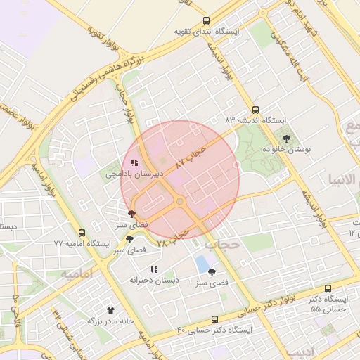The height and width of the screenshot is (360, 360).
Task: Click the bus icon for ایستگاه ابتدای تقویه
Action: (x=205, y=21)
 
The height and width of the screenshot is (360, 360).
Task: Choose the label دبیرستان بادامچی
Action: (x=134, y=173)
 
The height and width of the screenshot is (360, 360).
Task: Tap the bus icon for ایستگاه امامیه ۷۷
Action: (x=82, y=233)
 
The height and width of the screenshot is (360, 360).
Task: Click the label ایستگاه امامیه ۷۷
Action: (x=82, y=243)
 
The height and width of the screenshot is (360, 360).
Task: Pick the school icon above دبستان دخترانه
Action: (x=154, y=269)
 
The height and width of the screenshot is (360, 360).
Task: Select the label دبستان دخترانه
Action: (x=154, y=280)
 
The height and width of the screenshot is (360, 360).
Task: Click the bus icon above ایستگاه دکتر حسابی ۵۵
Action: (x=328, y=289)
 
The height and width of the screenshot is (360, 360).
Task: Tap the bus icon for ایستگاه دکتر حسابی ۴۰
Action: (x=214, y=319)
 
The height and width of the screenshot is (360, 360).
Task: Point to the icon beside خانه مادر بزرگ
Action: (x=110, y=310)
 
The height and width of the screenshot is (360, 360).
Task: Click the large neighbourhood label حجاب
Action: (x=224, y=244)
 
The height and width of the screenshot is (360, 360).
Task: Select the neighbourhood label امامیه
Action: (x=77, y=274)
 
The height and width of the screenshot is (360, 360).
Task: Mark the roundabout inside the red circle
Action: (x=180, y=202)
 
